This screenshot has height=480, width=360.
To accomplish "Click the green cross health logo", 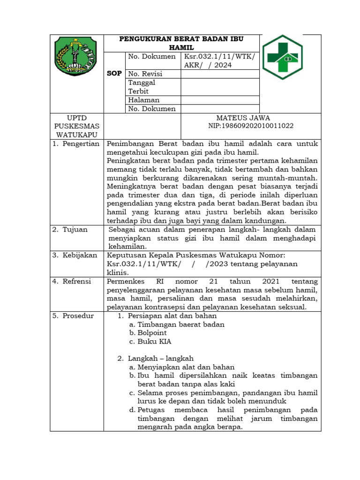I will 282,57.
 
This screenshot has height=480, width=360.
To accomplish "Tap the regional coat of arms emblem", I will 75,57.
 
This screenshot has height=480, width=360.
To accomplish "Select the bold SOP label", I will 114,74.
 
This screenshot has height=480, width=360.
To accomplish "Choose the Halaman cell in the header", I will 143,100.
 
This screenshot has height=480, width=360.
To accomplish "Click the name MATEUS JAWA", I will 243,118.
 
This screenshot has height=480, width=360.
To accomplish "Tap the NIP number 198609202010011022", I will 251,126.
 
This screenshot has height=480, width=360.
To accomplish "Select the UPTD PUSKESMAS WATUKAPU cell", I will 77,126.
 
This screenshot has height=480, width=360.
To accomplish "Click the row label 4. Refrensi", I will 75,281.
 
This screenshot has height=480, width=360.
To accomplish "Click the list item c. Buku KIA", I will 150,341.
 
